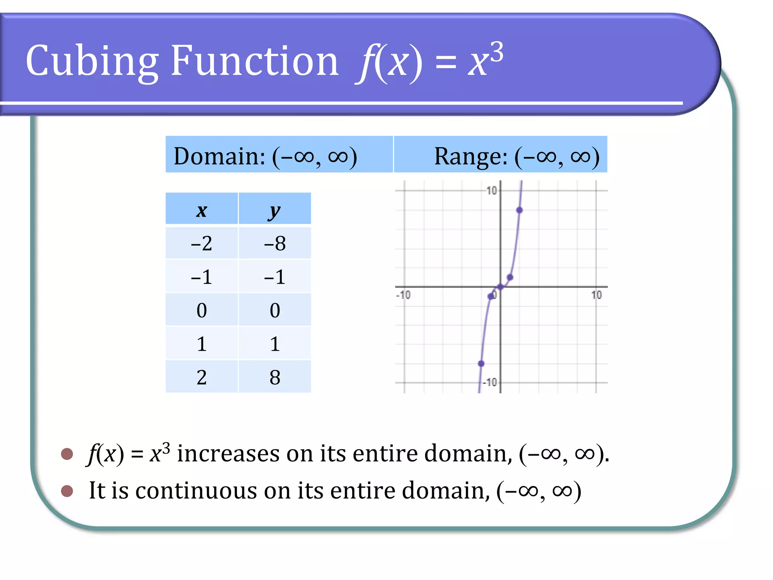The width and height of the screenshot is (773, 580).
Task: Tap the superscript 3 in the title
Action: pos(497,52)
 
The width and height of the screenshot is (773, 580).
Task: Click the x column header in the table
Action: pos(202,210)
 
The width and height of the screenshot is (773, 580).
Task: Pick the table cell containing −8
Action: pos(274,243)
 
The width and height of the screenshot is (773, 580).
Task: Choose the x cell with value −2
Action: pos(202,243)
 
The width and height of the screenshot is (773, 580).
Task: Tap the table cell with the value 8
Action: pos(274,377)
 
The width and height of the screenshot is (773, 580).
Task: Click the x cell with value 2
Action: pos(202,377)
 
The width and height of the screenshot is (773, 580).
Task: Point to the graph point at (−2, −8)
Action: pos(481,364)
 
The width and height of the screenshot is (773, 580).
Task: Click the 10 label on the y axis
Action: pos(491,190)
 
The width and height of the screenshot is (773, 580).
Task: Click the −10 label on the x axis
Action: pos(403,295)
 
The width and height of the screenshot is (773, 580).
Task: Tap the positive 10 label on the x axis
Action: pos(596,295)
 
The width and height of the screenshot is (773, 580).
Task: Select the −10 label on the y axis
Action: pos(490,383)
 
